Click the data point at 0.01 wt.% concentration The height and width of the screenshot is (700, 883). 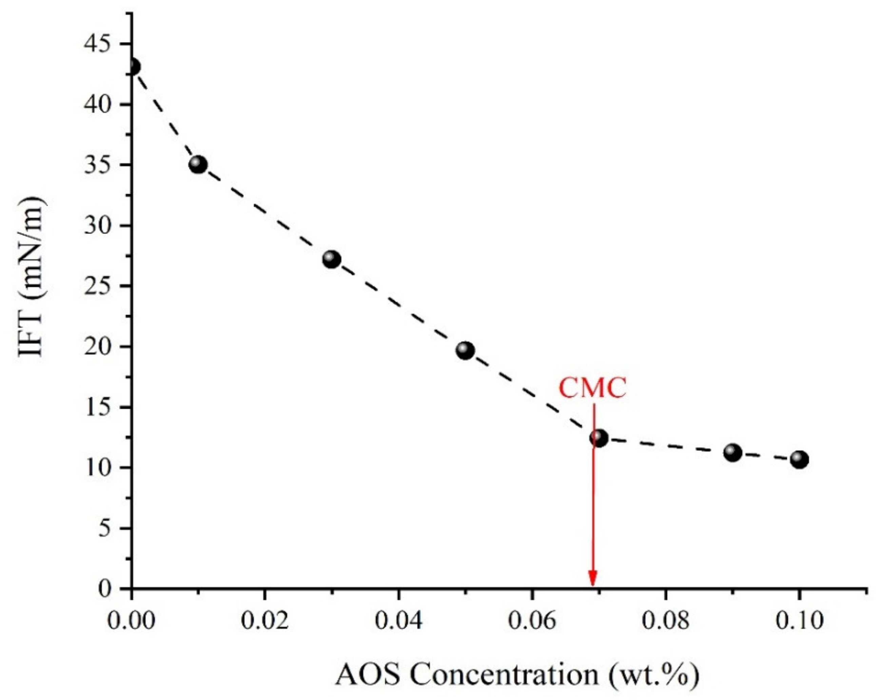pyautogui.click(x=198, y=165)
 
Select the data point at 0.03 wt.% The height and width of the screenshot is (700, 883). pyautogui.click(x=332, y=259)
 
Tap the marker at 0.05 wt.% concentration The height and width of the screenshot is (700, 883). pyautogui.click(x=465, y=351)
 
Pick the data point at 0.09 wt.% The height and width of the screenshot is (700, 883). pyautogui.click(x=733, y=453)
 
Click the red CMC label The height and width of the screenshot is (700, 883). pyautogui.click(x=593, y=388)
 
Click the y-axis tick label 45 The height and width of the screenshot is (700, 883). pyautogui.click(x=97, y=44)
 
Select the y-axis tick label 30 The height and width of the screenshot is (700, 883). pyautogui.click(x=97, y=226)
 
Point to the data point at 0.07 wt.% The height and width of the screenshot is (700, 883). pyautogui.click(x=599, y=438)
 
